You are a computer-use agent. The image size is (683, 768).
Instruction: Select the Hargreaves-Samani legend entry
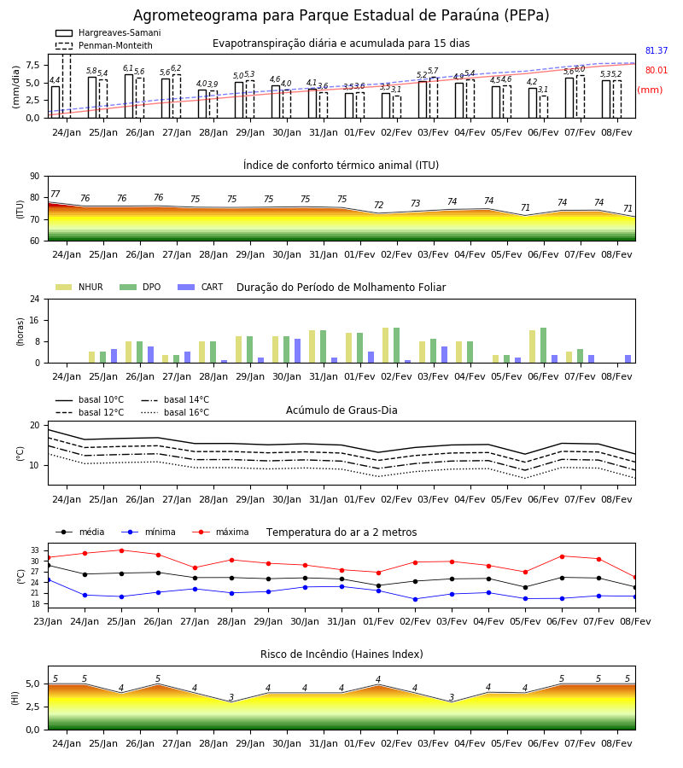pyautogui.click(x=108, y=32)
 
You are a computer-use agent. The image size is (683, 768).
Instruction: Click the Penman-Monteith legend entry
pyautogui.click(x=104, y=45)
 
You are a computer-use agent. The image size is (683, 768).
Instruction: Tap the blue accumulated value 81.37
pyautogui.click(x=656, y=50)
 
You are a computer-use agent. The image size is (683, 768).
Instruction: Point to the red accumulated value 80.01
pyautogui.click(x=656, y=70)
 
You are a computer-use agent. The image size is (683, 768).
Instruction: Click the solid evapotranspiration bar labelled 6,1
pyautogui.click(x=129, y=96)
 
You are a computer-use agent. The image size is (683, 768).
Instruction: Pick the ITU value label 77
pyautogui.click(x=55, y=194)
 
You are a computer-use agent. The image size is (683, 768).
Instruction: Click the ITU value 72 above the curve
pyautogui.click(x=378, y=205)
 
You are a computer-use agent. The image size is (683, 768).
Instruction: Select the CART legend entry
pyautogui.click(x=201, y=287)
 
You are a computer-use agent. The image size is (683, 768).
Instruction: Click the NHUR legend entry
pyautogui.click(x=79, y=287)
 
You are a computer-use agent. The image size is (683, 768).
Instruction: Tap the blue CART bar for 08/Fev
pyautogui.click(x=628, y=359)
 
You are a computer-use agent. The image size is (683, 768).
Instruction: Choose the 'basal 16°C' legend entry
pyautogui.click(x=175, y=412)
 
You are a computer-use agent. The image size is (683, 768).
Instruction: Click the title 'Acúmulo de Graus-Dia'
pyautogui.click(x=341, y=410)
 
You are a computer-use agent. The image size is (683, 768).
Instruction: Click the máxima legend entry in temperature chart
pyautogui.click(x=221, y=532)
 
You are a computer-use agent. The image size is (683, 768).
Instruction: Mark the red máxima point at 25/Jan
pyautogui.click(x=121, y=550)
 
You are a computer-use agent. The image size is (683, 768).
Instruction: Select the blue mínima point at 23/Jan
pyautogui.click(x=48, y=580)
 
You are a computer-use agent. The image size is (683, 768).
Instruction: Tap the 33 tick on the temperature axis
pyautogui.click(x=35, y=550)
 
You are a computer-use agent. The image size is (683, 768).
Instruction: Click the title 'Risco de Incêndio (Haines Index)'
pyautogui.click(x=341, y=655)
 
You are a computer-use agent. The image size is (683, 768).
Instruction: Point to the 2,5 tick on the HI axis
pyautogui.click(x=33, y=707)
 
